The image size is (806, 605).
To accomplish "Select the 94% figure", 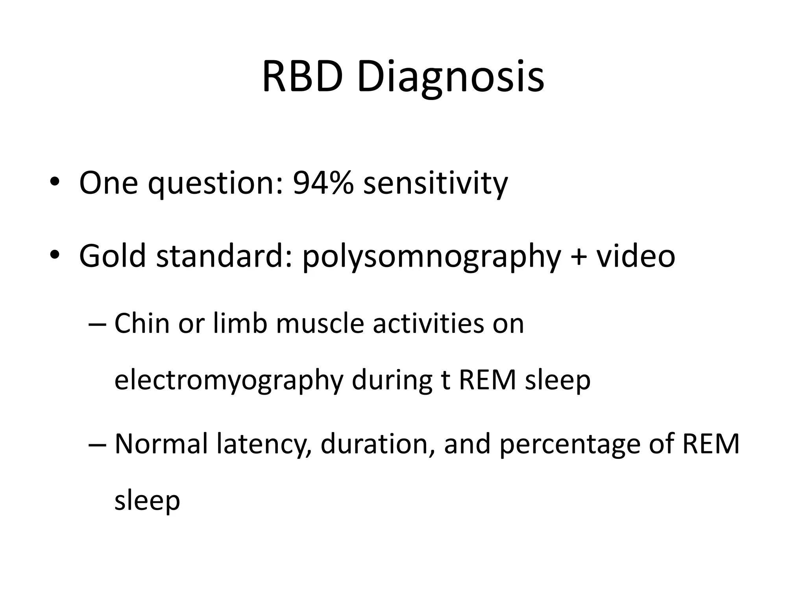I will tap(323, 184).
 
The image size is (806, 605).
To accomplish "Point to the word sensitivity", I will tap(436, 184).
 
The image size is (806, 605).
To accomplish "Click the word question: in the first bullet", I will tap(216, 184).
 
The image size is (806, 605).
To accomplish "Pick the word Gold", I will tap(113, 256).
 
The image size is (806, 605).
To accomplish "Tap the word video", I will tap(635, 256).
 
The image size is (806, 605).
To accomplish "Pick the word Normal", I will tap(161, 444).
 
